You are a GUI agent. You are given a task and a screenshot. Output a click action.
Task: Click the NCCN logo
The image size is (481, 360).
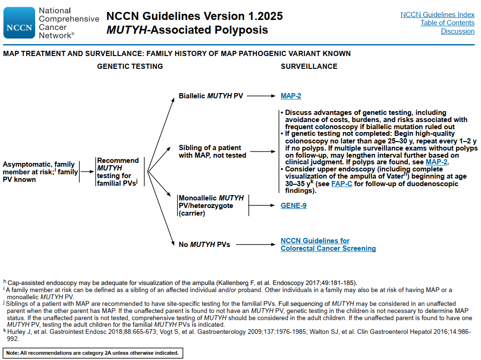pyautogui.click(x=19, y=22)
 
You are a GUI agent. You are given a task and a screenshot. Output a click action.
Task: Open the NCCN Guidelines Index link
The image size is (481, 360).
pyautogui.click(x=437, y=15)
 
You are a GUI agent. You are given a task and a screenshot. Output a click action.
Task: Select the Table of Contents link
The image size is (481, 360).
pyautogui.click(x=447, y=23)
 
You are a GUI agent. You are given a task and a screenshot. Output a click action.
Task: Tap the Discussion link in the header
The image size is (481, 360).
pyautogui.click(x=457, y=31)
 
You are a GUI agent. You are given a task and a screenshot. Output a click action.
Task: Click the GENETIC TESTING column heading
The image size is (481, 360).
pyautogui.click(x=130, y=66)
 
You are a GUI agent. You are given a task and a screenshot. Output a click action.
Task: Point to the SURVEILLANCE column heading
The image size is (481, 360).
pyautogui.click(x=309, y=66)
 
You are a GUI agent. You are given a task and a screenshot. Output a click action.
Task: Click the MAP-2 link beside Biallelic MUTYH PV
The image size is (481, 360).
pyautogui.click(x=291, y=96)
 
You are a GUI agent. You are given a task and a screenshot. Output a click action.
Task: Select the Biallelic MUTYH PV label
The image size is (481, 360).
pyautogui.click(x=211, y=96)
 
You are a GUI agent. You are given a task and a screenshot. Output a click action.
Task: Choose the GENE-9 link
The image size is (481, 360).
pyautogui.click(x=293, y=206)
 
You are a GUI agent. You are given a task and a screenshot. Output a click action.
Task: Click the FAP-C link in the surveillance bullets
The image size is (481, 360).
pyautogui.click(x=342, y=184)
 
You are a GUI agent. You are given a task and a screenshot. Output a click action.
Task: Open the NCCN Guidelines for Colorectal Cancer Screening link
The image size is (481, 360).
pyautogui.click(x=328, y=245)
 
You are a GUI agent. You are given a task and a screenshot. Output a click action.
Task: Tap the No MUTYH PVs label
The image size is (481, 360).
pyautogui.click(x=204, y=245)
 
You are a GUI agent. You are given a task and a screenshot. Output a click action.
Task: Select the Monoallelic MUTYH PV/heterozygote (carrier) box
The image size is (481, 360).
pyautogui.click(x=211, y=206)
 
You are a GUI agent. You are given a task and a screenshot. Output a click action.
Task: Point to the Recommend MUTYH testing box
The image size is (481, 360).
pyautogui.click(x=118, y=172)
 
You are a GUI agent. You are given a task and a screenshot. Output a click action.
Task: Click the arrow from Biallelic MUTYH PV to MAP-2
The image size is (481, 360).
pyautogui.click(x=261, y=96)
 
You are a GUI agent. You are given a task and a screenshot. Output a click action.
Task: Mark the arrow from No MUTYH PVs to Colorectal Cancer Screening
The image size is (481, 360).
pyautogui.click(x=255, y=245)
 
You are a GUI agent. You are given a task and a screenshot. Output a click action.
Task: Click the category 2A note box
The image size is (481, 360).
pyautogui.click(x=93, y=353)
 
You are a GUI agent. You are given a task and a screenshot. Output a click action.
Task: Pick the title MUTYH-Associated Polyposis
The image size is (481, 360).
pyautogui.click(x=187, y=30)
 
